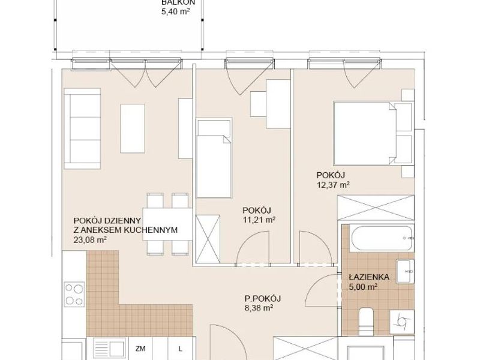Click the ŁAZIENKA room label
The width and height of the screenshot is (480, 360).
(x=369, y=277)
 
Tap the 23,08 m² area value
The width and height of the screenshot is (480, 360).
(x=90, y=240)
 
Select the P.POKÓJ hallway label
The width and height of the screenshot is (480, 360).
(x=263, y=298)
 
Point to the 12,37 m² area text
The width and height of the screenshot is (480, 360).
(x=334, y=185)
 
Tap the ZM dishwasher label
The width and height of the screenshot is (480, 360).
(x=140, y=349)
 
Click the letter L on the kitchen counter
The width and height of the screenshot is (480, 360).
(x=181, y=349)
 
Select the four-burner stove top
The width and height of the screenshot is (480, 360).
(x=74, y=294)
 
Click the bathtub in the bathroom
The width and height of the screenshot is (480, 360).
(x=382, y=239)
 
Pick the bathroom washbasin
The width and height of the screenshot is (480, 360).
(x=406, y=272)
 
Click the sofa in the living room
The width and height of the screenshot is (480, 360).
(x=82, y=129)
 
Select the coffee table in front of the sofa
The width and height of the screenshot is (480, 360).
(x=133, y=128)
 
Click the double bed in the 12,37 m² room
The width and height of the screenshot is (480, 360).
(x=365, y=133)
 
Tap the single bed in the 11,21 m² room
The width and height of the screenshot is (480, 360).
(x=214, y=158)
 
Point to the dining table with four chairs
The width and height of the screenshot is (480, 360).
(x=167, y=224)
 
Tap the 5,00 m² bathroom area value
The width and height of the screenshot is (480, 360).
(x=363, y=287)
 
